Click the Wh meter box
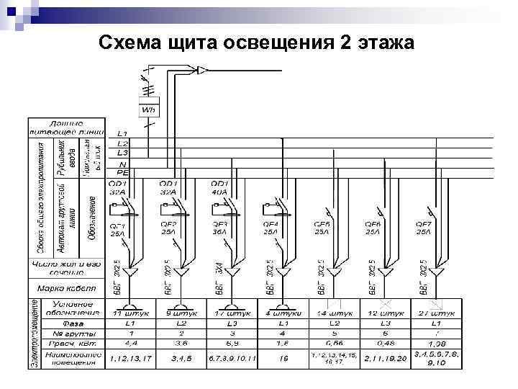coord(149,109)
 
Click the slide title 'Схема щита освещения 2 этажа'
coord(255,44)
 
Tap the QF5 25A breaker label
coord(322,228)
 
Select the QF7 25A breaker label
coord(424,228)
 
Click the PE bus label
coord(122,172)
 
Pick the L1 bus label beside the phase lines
coord(122,135)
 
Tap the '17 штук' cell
coord(232,314)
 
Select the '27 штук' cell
coord(437,314)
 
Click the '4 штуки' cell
coord(283,314)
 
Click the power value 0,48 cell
coord(386,345)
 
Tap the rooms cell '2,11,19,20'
coord(386,357)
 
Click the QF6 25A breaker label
coord(373,228)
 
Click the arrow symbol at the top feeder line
coord(203,70)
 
